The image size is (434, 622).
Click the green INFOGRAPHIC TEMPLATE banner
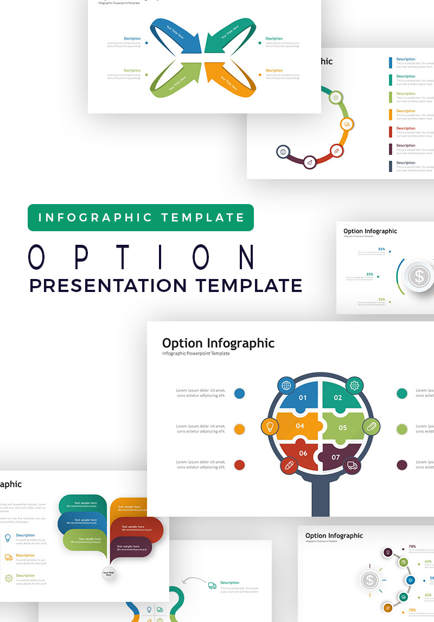(141, 218)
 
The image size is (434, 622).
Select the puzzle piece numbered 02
(339, 398)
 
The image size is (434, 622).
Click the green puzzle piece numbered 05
(343, 427)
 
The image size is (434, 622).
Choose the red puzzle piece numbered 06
(303, 453)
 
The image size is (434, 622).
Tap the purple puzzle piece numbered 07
(336, 456)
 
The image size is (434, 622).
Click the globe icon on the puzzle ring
(286, 386)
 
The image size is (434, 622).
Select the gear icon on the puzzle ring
(354, 386)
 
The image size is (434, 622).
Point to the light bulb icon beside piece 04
(270, 427)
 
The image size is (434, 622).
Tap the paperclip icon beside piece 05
(371, 427)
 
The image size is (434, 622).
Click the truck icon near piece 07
(352, 465)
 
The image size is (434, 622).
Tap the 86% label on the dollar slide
(381, 249)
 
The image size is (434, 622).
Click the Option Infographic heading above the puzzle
(218, 343)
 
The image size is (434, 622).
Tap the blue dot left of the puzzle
(239, 393)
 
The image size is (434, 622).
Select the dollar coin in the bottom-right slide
(370, 580)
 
